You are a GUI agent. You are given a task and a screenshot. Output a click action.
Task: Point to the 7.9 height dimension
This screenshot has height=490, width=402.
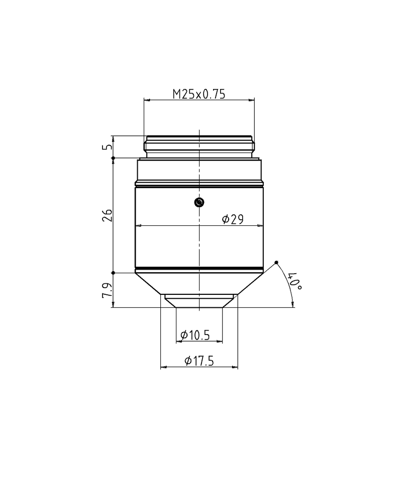pyautogui.click(x=106, y=290)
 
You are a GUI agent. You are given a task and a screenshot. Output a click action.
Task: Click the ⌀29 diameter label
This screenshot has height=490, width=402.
pyautogui.click(x=232, y=219)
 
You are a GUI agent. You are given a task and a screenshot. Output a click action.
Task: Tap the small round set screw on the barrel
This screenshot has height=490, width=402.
pyautogui.click(x=199, y=202)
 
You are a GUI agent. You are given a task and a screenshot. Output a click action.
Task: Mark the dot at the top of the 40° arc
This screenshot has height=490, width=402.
pyautogui.click(x=277, y=263)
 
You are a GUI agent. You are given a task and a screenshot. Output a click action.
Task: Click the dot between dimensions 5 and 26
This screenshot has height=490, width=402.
pyautogui.click(x=114, y=158)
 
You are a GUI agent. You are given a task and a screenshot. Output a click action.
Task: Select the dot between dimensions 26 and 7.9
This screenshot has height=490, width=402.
pyautogui.click(x=114, y=273)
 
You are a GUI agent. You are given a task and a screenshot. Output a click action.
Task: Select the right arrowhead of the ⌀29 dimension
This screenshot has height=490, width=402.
pyautogui.click(x=261, y=226)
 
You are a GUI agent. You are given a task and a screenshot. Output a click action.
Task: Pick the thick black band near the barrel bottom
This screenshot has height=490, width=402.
pyautogui.click(x=199, y=268)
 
